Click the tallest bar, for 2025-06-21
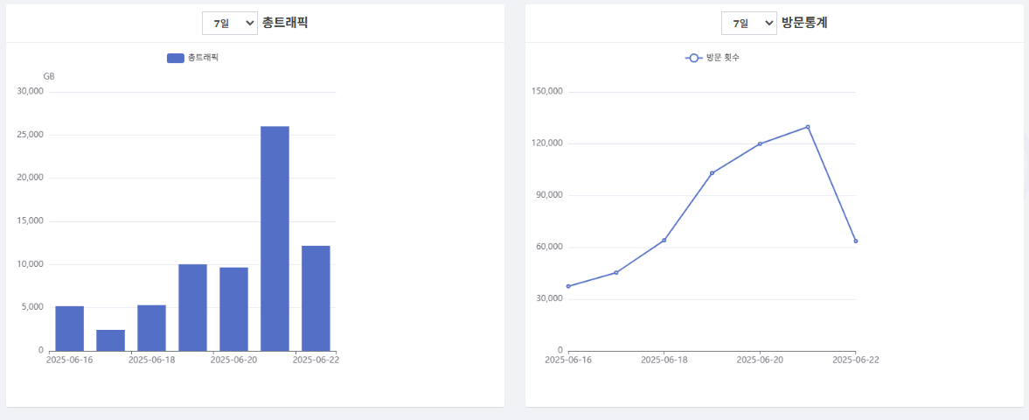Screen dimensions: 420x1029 275,238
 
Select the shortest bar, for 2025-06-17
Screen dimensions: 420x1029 110,340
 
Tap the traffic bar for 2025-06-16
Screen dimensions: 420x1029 69,328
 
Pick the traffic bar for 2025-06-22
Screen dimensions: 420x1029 316,297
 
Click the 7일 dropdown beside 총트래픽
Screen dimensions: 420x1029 229,23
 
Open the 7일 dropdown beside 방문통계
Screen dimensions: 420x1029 748,23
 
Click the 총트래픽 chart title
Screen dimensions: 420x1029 285,23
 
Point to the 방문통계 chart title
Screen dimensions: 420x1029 804,23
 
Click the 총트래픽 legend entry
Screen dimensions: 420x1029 192,58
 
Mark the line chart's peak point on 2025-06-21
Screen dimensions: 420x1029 808,127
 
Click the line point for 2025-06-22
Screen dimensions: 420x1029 855,241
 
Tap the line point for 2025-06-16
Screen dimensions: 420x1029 568,286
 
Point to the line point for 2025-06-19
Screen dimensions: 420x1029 712,173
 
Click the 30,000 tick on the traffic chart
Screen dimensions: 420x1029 29,92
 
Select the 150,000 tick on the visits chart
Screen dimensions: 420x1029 546,92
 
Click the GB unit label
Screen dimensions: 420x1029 49,77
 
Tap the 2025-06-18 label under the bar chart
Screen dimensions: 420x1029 151,359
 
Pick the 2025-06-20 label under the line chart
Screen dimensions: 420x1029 759,359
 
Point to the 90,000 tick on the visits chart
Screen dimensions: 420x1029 549,195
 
